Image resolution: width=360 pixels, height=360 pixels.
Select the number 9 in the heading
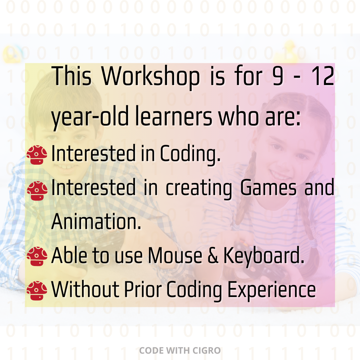(x=278, y=76)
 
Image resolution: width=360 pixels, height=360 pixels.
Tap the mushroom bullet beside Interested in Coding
(x=37, y=155)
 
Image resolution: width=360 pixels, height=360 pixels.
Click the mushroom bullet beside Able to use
(x=37, y=256)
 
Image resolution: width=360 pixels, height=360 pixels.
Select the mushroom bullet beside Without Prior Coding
(x=37, y=290)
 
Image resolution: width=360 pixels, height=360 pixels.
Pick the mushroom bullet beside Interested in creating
(x=37, y=191)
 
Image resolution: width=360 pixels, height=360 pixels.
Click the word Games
(x=268, y=188)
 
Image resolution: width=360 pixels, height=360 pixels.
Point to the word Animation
(x=96, y=221)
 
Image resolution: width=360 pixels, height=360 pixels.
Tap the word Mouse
(x=175, y=256)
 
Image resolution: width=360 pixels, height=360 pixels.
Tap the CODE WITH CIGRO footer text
(x=180, y=351)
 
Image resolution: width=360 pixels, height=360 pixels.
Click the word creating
(x=199, y=189)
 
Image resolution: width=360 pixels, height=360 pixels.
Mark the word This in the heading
(x=72, y=76)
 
